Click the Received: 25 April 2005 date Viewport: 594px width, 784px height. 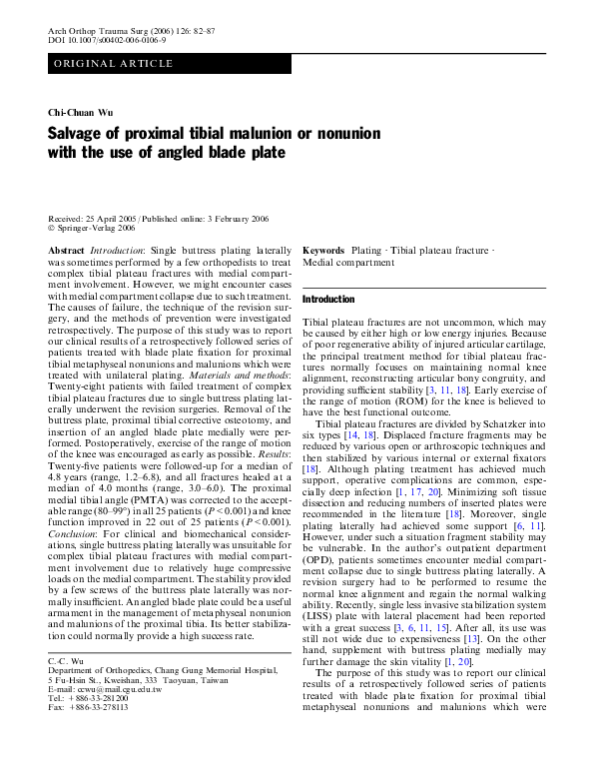point(93,219)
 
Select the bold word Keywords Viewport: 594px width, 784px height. point(322,249)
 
